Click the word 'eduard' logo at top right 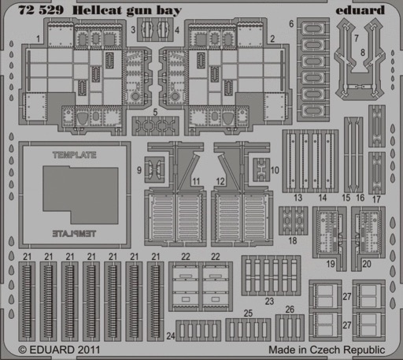tap(360, 10)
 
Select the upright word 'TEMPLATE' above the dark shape tap(75, 155)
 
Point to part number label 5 tap(155, 112)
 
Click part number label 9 tap(139, 170)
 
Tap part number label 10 tap(275, 170)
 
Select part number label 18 tap(293, 240)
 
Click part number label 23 tap(269, 301)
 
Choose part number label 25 tap(248, 313)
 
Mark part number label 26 tap(290, 310)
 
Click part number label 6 tap(291, 24)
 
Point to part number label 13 tap(298, 198)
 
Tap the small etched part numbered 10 tap(261, 170)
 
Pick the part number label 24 tap(171, 336)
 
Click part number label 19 tap(331, 264)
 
